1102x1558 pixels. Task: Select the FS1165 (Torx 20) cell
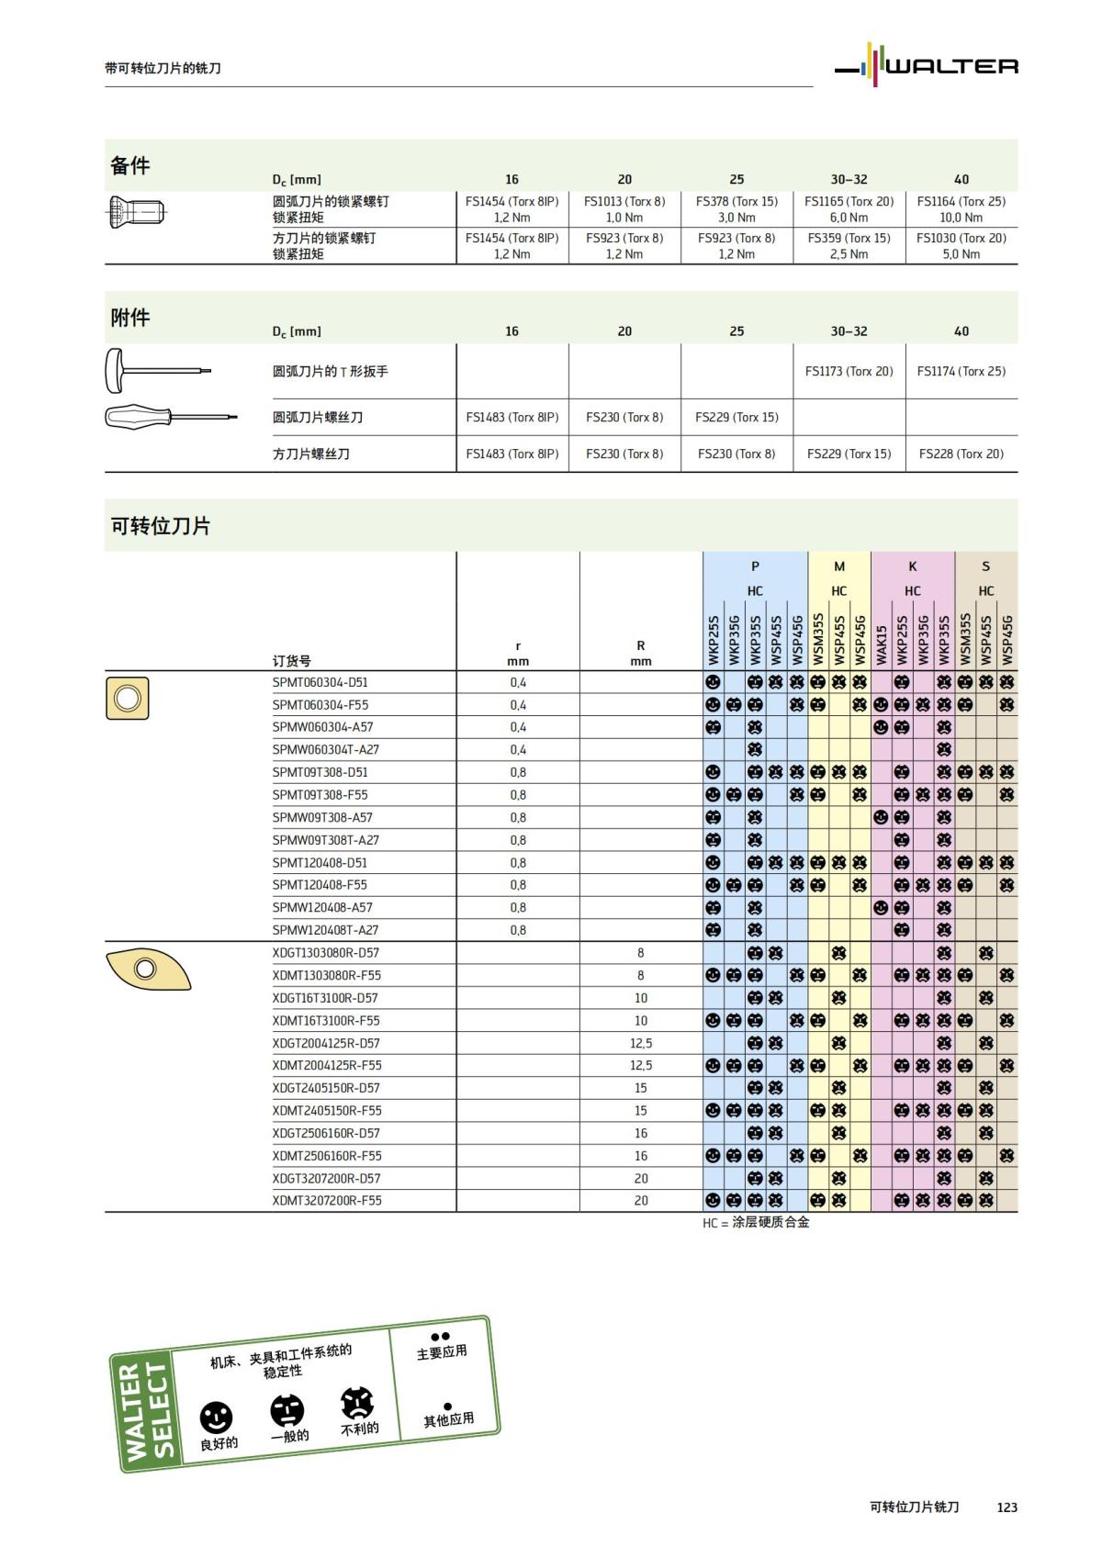click(x=849, y=201)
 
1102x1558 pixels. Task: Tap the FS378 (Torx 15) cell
click(x=737, y=201)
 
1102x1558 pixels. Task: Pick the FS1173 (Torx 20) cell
click(x=849, y=371)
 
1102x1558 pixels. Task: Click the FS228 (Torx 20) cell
click(x=961, y=454)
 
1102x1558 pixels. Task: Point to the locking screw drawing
click(x=136, y=213)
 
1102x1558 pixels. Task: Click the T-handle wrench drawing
click(x=157, y=370)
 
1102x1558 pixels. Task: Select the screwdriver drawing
click(x=170, y=418)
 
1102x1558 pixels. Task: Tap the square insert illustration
click(x=128, y=698)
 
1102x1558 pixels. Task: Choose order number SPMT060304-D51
click(x=320, y=682)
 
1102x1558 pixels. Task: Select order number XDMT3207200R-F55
click(x=326, y=1200)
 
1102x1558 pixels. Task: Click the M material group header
click(x=838, y=566)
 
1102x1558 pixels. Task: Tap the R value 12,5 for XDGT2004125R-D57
click(x=640, y=1043)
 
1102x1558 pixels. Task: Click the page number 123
click(x=1006, y=1507)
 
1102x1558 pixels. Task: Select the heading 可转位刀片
click(x=161, y=526)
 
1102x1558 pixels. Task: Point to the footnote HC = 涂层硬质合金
click(x=756, y=1223)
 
